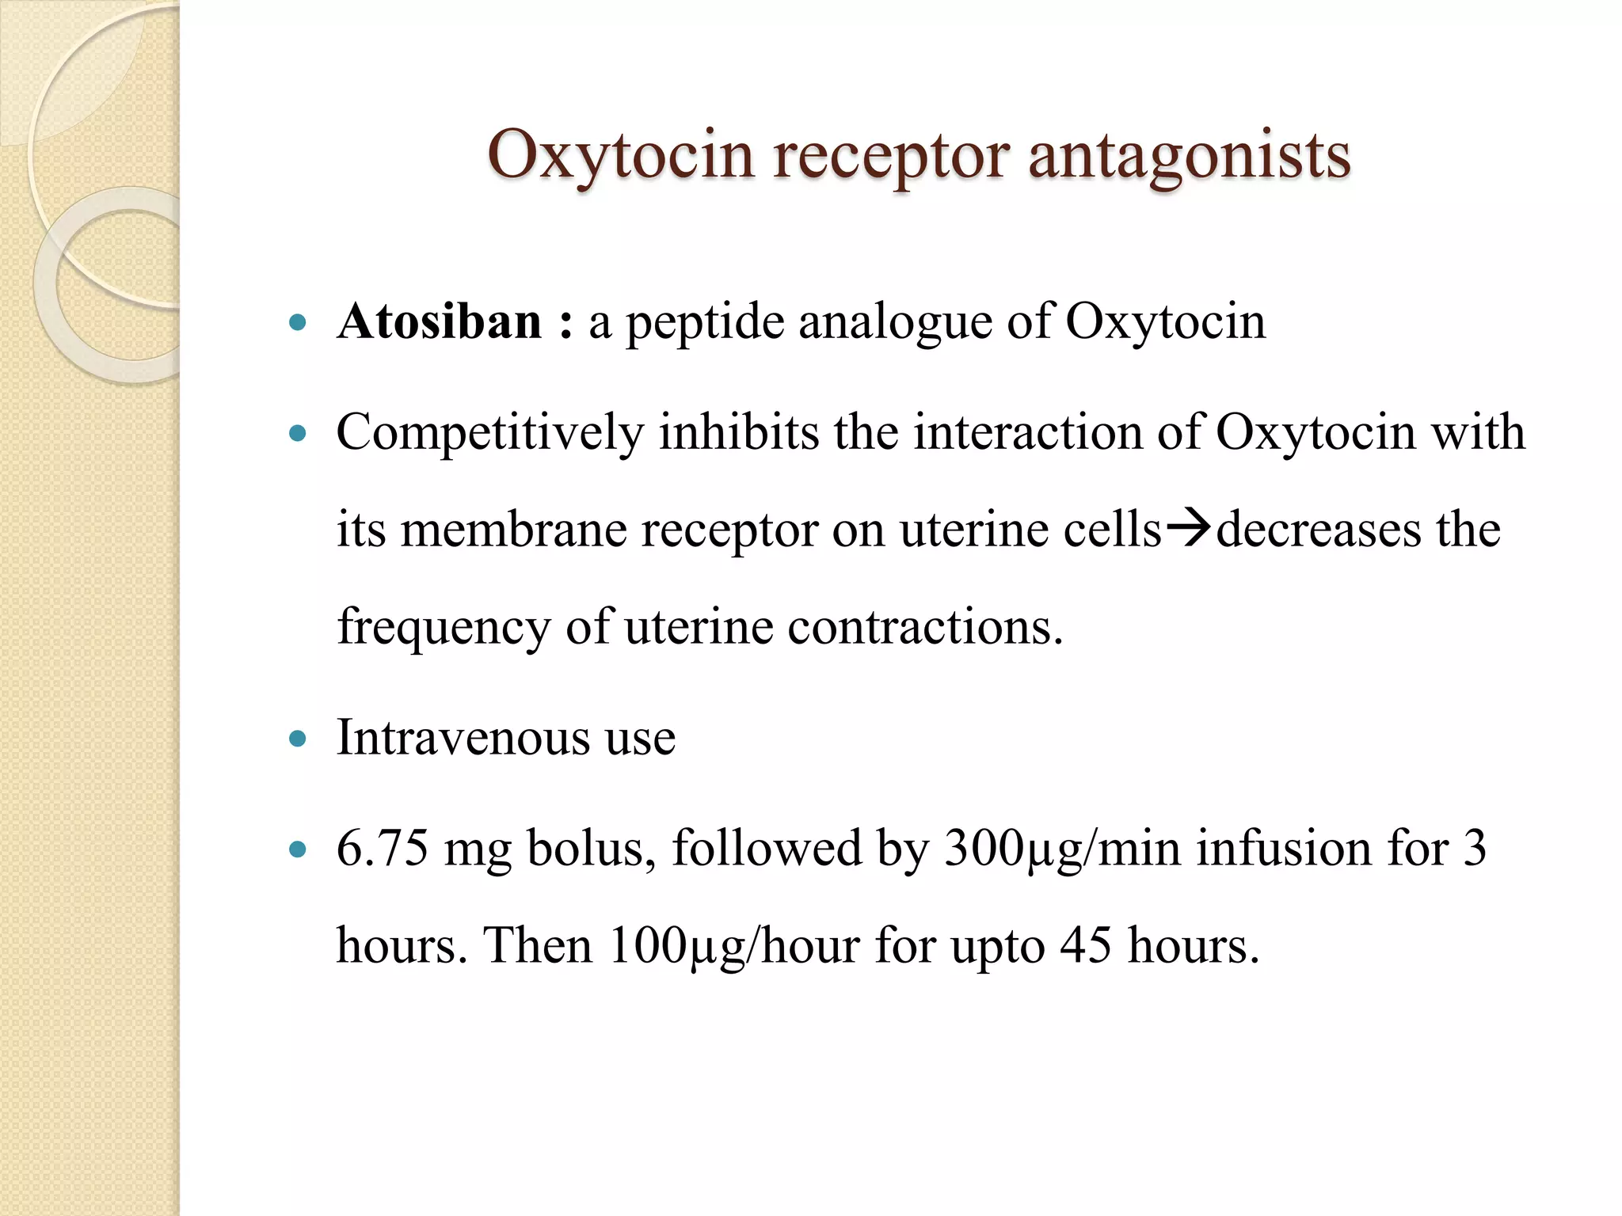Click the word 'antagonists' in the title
[1189, 155]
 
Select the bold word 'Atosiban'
[440, 322]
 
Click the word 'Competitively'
[490, 434]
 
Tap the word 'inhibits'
[738, 432]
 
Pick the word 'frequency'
[444, 628]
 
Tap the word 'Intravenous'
[463, 737]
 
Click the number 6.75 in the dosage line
[383, 848]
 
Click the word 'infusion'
[1283, 848]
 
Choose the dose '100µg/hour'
[734, 945]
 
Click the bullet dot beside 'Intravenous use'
[298, 739]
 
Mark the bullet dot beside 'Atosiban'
[298, 323]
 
